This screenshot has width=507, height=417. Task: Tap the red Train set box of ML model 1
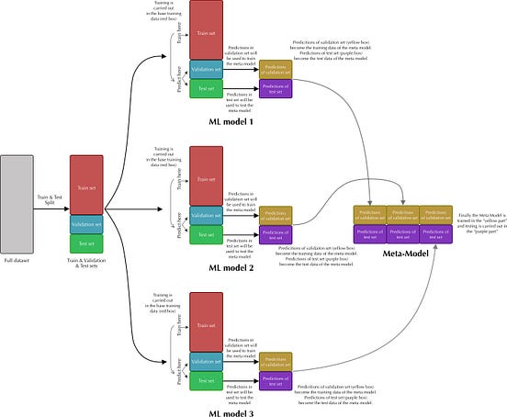[x=206, y=30]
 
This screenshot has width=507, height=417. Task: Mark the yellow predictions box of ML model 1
[x=275, y=70]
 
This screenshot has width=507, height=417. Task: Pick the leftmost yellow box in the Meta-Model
[x=369, y=213]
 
